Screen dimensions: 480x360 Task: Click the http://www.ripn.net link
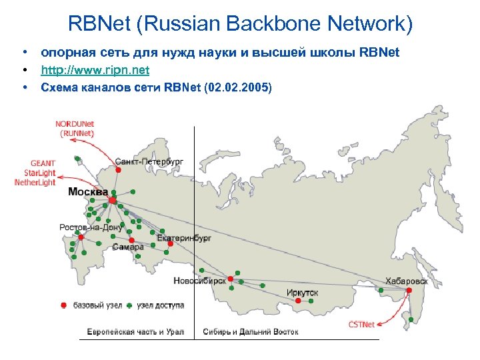[x=95, y=70]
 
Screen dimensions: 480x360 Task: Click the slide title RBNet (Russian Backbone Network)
[x=240, y=25]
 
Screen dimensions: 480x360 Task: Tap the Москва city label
[x=88, y=192]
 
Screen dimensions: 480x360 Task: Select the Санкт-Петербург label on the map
[x=149, y=162]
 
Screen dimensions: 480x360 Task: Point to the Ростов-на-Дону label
[x=91, y=227]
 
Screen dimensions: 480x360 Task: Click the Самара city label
[x=128, y=247]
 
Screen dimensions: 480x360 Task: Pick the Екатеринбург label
[x=185, y=237]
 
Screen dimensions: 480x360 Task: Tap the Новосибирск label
[x=200, y=281]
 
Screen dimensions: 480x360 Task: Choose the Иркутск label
[x=303, y=292]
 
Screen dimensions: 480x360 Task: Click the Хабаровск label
[x=406, y=281]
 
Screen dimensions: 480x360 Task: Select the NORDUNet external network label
[x=75, y=124]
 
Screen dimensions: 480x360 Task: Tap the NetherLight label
[x=35, y=182]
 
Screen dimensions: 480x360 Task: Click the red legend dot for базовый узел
[x=63, y=305]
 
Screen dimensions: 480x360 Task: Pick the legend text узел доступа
[x=160, y=305]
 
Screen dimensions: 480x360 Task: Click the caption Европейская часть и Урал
[x=135, y=331]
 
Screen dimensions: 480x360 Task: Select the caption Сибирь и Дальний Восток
[x=251, y=331]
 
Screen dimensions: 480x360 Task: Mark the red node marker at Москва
[x=113, y=200]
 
